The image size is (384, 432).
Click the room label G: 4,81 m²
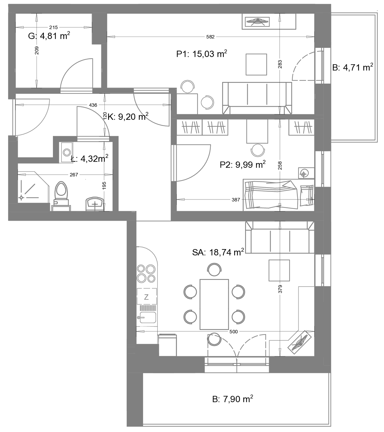pos(49,36)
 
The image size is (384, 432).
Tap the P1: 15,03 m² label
pos(202,54)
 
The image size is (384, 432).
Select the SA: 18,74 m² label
pos(218,252)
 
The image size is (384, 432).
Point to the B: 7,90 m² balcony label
pos(233,399)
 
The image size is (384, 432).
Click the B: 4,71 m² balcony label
pos(353,68)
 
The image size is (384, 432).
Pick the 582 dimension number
pos(210,37)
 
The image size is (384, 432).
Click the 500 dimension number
pos(234,332)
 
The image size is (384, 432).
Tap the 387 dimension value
pos(236,200)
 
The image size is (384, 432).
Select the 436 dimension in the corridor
pos(93,105)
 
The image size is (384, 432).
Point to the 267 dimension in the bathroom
pos(74,175)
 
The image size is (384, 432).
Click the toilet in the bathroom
pos(61,196)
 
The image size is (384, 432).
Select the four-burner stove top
pos(146,273)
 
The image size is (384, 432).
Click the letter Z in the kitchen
pos(146,297)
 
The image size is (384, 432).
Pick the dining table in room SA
pos(214,305)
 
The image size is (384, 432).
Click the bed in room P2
pos(279,195)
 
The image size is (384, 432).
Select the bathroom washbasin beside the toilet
pos(95,204)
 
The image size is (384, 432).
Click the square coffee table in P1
pos(256,64)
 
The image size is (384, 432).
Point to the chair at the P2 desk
pos(258,150)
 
